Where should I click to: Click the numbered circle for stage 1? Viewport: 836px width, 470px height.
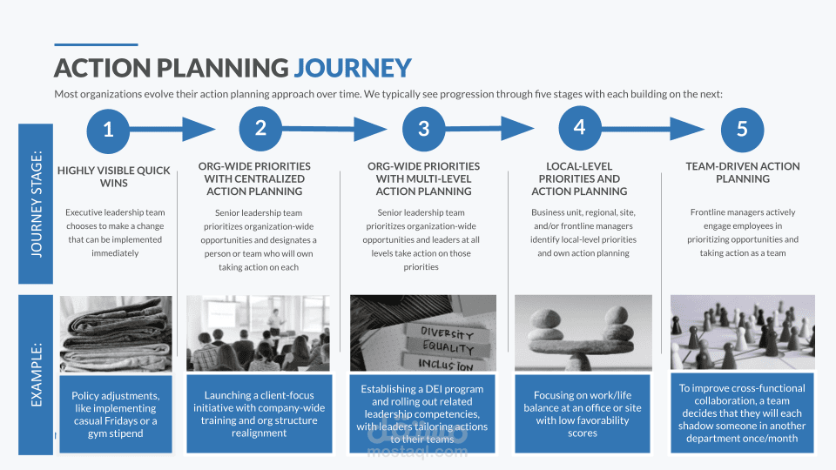click(108, 130)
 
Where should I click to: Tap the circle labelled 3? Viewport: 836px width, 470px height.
click(423, 130)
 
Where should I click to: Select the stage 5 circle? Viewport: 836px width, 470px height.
click(742, 130)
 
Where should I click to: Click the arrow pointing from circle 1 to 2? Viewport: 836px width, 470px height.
click(174, 130)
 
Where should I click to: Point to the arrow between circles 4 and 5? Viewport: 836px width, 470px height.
click(662, 129)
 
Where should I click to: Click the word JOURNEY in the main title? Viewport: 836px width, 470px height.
click(352, 68)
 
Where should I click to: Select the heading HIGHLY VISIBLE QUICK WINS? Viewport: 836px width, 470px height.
click(114, 177)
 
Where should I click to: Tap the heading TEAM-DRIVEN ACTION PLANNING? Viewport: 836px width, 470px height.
click(742, 172)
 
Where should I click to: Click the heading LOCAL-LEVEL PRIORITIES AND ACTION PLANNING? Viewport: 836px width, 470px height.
click(578, 178)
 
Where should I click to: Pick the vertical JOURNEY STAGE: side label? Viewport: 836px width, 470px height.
click(37, 204)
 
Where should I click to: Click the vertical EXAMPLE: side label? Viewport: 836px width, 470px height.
click(37, 375)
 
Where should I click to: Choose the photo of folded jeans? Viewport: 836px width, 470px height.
click(115, 333)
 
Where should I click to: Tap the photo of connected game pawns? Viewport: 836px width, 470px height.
click(742, 333)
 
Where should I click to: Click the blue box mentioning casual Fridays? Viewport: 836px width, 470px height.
click(115, 414)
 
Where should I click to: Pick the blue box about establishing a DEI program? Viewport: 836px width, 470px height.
click(423, 414)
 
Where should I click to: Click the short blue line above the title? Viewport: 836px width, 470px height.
click(96, 44)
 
